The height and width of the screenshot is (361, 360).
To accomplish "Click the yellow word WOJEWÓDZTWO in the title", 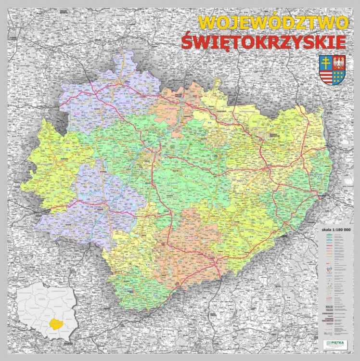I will click(x=273, y=23).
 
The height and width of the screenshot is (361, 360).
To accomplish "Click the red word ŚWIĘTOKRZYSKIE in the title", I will click(x=264, y=42).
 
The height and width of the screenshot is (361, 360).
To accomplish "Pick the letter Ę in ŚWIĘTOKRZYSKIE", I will click(x=223, y=42).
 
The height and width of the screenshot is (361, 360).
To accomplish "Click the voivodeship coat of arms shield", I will click(x=332, y=70).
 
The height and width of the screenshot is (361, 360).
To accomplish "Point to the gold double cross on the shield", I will click(x=326, y=63).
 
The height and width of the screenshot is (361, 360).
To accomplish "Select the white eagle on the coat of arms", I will click(x=339, y=63).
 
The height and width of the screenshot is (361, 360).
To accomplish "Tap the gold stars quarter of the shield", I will click(x=339, y=76).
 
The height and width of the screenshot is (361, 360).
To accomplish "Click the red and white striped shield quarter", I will click(x=326, y=76).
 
